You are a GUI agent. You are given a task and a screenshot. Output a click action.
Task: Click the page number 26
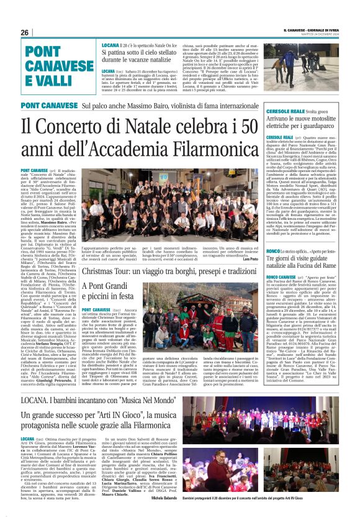tap(24, 33)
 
